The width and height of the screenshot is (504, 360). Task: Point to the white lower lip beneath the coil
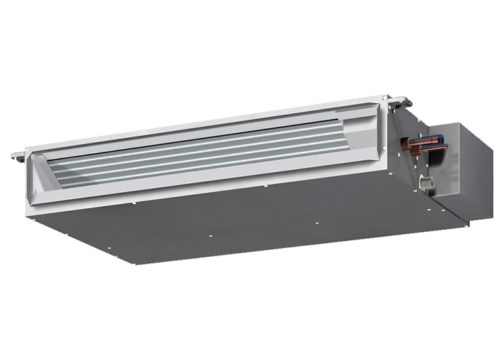click(202, 185)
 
